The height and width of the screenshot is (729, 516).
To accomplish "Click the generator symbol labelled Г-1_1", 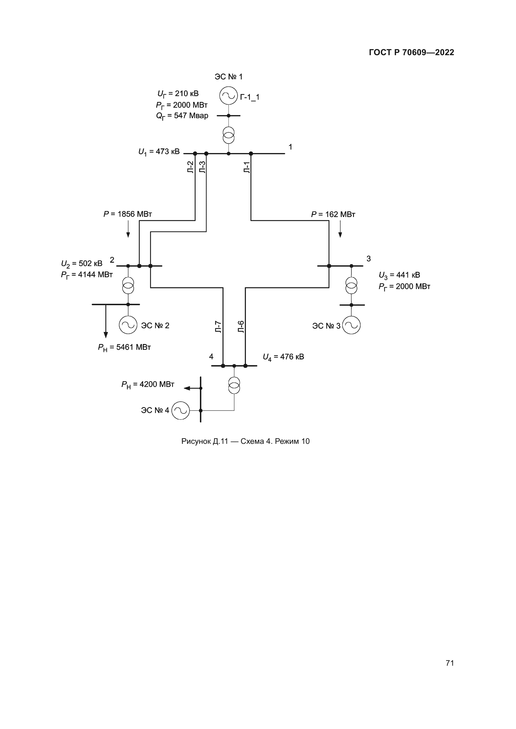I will tap(228, 96).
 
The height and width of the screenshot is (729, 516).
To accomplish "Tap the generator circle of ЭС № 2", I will tap(128, 325).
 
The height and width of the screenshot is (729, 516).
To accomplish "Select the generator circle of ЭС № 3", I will tap(351, 325).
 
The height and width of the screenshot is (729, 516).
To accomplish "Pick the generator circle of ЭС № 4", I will tap(180, 410).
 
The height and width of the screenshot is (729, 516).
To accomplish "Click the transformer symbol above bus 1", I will tap(228, 135).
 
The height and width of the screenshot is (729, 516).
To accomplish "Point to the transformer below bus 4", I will tap(234, 386).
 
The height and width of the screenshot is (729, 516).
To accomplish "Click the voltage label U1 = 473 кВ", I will tap(159, 152).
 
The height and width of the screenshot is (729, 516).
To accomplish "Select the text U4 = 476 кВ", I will tap(283, 357).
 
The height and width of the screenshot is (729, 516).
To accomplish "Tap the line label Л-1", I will tap(247, 167).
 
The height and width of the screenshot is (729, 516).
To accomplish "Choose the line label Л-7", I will tap(218, 327).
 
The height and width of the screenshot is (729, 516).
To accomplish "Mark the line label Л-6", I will tap(241, 327).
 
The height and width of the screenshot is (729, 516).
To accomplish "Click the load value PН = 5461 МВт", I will tap(124, 347).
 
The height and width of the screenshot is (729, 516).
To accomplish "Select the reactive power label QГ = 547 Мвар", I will tap(182, 116).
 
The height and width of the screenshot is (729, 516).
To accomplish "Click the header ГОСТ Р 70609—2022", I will tap(411, 52).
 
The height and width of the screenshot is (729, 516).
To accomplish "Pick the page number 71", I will tap(450, 663).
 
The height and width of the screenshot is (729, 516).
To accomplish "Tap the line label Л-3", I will tap(202, 167).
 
